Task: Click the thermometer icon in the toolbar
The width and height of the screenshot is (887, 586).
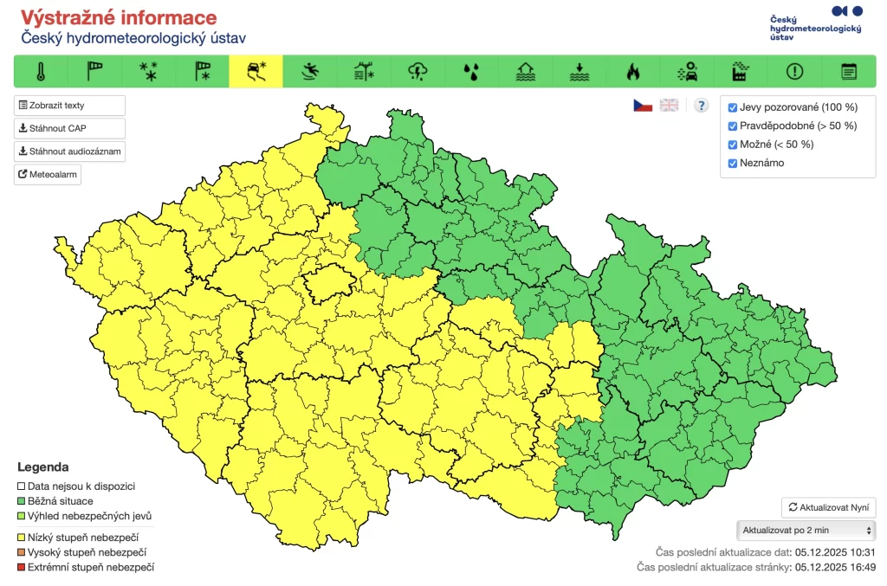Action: click(x=40, y=72)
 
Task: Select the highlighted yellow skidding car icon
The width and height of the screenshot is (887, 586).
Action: click(x=256, y=72)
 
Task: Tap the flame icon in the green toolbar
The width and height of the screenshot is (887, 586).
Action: click(x=633, y=72)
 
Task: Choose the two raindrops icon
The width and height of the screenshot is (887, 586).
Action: click(x=471, y=72)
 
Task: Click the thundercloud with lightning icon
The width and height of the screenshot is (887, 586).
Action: click(x=418, y=72)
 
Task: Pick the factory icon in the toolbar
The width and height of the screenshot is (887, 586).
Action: click(x=741, y=72)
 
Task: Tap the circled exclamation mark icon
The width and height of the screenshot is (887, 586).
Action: click(x=794, y=72)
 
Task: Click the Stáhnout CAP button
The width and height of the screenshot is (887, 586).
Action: click(x=69, y=128)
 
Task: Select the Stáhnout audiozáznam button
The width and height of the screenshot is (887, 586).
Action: click(x=69, y=151)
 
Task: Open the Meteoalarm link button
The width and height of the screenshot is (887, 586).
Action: click(x=48, y=175)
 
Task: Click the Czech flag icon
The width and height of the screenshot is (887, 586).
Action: click(x=642, y=106)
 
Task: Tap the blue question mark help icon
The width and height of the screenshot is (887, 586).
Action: click(x=702, y=106)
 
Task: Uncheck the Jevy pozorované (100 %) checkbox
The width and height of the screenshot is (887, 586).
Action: click(x=733, y=108)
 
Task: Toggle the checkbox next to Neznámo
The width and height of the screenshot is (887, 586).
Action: click(x=733, y=164)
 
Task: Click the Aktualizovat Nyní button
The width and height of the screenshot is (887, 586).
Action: click(x=829, y=508)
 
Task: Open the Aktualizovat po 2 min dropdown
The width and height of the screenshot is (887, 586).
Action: click(x=805, y=531)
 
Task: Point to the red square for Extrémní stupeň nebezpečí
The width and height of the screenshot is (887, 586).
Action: click(x=22, y=567)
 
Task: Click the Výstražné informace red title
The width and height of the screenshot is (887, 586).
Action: click(x=119, y=18)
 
